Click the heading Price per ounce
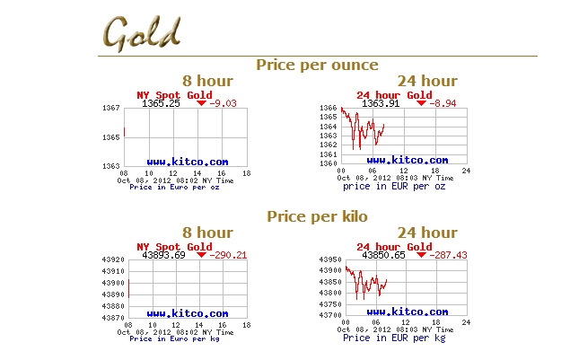click(x=317, y=65)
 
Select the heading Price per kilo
click(x=317, y=216)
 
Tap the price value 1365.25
click(x=162, y=103)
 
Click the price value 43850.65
click(x=383, y=255)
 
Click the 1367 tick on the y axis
click(x=111, y=109)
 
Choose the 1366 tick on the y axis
click(x=329, y=109)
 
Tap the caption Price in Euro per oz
click(x=174, y=188)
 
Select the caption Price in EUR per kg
click(x=393, y=338)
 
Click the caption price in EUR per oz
click(x=393, y=186)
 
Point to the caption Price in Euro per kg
click(x=174, y=338)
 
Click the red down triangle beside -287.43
click(x=421, y=254)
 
